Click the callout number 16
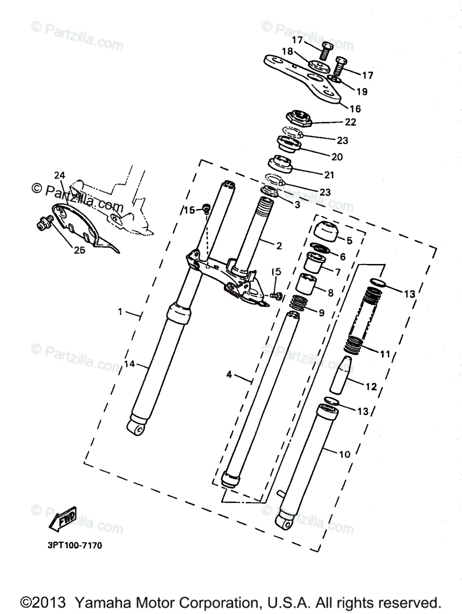(x=355, y=108)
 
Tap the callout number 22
(x=351, y=122)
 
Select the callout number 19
(x=362, y=92)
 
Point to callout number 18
(x=287, y=52)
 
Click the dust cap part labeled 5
(x=324, y=232)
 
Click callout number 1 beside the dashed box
(x=120, y=312)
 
